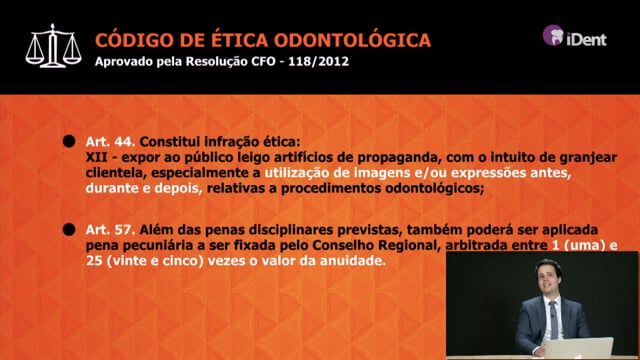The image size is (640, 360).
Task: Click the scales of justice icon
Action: [x=53, y=46]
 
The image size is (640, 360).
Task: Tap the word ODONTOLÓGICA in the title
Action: [x=352, y=40]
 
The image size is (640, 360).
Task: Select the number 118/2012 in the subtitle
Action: [x=318, y=61]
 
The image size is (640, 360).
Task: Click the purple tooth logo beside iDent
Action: [x=553, y=35]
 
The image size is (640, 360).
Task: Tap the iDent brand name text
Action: [x=586, y=38]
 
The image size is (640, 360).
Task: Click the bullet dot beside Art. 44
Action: [x=69, y=141]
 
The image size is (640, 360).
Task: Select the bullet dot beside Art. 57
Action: [x=69, y=229]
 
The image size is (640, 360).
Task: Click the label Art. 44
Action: [x=110, y=142]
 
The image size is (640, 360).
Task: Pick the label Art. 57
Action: [x=110, y=230]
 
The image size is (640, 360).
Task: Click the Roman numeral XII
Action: [x=96, y=157]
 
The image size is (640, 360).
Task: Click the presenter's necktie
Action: [x=553, y=319]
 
